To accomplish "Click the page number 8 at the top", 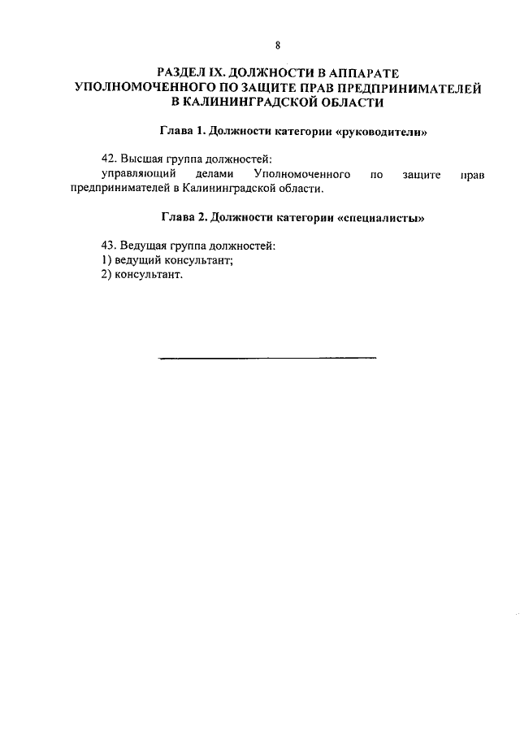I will pyautogui.click(x=277, y=46).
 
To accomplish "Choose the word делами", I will pyautogui.click(x=214, y=174).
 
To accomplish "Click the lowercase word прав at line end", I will pyautogui.click(x=471, y=174).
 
